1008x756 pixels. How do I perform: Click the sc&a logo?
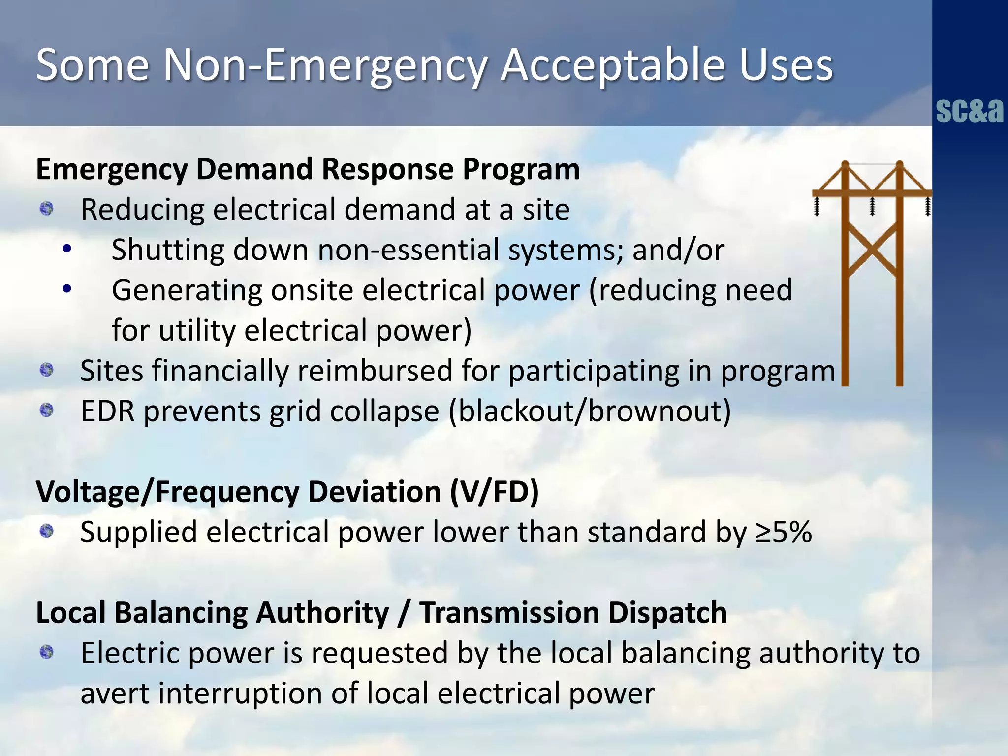969,111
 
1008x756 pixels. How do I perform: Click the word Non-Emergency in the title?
325,65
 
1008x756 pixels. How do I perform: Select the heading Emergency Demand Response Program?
308,169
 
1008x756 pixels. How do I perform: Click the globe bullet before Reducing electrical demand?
47,209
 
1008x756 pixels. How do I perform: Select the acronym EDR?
107,411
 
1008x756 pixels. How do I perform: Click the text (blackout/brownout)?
590,411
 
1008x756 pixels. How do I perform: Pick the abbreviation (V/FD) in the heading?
494,492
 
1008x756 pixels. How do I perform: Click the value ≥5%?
784,532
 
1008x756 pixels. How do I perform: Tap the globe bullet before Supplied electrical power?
47,531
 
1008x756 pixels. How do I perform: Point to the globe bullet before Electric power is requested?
47,652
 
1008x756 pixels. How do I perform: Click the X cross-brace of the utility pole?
872,250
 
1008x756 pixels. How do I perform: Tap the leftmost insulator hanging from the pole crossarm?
817,206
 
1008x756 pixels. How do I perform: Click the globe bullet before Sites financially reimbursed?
47,370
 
